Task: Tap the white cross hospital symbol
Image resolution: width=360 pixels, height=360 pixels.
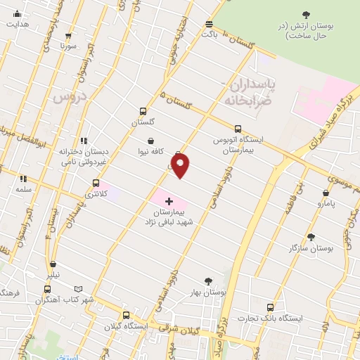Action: pyautogui.click(x=168, y=201)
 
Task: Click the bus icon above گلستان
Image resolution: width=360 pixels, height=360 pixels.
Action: pyautogui.click(x=143, y=111)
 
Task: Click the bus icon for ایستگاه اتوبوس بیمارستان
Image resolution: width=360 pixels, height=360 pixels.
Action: pyautogui.click(x=238, y=129)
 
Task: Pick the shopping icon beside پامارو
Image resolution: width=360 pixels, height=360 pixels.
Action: pyautogui.click(x=326, y=193)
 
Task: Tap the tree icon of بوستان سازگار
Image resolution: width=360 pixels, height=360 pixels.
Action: pyautogui.click(x=311, y=238)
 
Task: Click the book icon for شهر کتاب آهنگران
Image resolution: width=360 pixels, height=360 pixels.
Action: pyautogui.click(x=78, y=288)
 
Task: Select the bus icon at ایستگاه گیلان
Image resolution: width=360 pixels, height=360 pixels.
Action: pyautogui.click(x=126, y=316)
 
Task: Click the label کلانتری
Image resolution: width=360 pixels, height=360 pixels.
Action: pyautogui.click(x=95, y=193)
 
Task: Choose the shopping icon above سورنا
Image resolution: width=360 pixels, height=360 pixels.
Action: pyautogui.click(x=68, y=34)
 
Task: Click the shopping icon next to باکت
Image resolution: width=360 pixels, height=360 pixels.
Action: pyautogui.click(x=208, y=22)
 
